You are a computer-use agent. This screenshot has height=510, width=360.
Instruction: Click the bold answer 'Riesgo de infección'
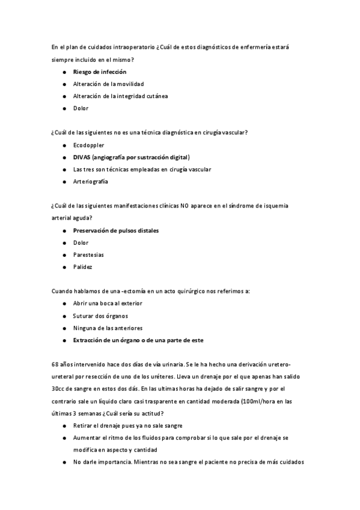pos(100,72)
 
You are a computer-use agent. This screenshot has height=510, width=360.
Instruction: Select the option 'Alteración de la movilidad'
pos(108,84)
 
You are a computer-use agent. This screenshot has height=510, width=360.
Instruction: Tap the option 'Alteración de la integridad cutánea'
pos(120,96)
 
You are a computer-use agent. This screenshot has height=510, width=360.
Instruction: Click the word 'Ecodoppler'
pos(88,145)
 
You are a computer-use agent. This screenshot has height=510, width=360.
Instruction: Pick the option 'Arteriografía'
pos(92,182)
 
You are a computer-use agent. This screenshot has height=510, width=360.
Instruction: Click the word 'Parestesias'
pos(90,254)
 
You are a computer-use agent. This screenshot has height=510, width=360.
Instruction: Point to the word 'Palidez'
pos(83,267)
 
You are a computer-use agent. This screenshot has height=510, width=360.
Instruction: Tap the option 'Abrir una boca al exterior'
pos(108,303)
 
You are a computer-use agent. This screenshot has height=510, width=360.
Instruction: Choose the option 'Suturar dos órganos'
pos(100,316)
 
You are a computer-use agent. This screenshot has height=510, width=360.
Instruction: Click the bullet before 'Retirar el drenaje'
pos(64,425)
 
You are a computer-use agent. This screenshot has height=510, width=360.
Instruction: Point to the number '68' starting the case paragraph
pos(55,364)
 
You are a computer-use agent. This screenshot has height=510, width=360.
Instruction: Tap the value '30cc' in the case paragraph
pos(59,389)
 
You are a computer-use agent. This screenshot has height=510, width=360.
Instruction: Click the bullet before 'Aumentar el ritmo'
pos(64,437)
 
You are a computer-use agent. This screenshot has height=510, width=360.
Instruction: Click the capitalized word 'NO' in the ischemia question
pos(185,206)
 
